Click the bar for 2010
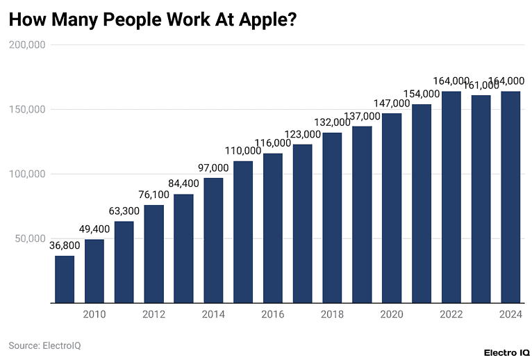[94, 271]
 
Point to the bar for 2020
[392, 208]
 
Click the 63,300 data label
[124, 211]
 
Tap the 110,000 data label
[242, 151]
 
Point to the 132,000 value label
[332, 123]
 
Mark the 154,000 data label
[422, 94]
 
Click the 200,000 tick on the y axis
[28, 44]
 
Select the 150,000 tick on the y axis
[28, 109]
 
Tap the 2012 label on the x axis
[153, 315]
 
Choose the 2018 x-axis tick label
[332, 315]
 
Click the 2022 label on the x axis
[451, 315]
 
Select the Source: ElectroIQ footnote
[44, 345]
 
